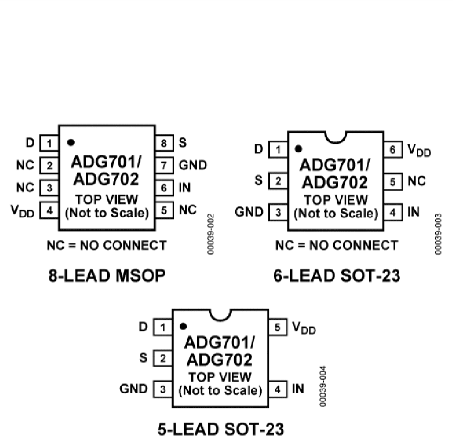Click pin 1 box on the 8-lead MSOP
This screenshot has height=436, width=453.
(x=49, y=143)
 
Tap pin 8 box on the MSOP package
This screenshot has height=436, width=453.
(x=164, y=143)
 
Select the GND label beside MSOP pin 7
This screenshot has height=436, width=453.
(x=193, y=165)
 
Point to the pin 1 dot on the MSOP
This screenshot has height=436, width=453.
(x=71, y=142)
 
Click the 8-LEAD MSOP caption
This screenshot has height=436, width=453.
(x=107, y=276)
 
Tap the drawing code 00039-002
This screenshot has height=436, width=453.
(x=211, y=234)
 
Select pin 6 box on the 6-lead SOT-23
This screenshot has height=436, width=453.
(x=394, y=149)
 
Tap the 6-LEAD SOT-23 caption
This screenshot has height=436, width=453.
(x=337, y=276)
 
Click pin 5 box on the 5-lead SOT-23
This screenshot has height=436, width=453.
(x=279, y=327)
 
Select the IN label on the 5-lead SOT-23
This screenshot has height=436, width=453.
(x=298, y=389)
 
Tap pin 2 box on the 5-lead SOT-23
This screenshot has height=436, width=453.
(x=163, y=358)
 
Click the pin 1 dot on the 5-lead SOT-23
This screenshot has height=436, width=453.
(x=184, y=326)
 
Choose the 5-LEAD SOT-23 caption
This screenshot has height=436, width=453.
(x=221, y=428)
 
